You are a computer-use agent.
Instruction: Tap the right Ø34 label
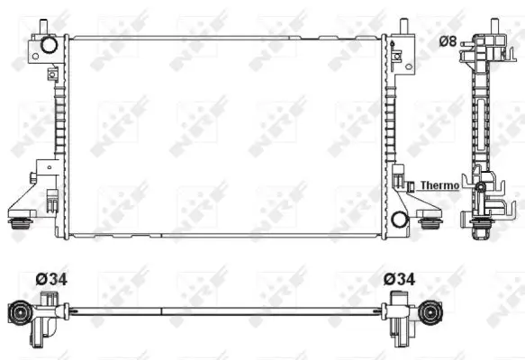click(399, 280)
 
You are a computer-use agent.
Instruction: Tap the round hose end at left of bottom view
click(20, 314)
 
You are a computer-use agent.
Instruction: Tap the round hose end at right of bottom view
click(433, 314)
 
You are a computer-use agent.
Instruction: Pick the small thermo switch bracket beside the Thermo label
click(410, 186)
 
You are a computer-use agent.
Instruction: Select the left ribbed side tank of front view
click(60, 135)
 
